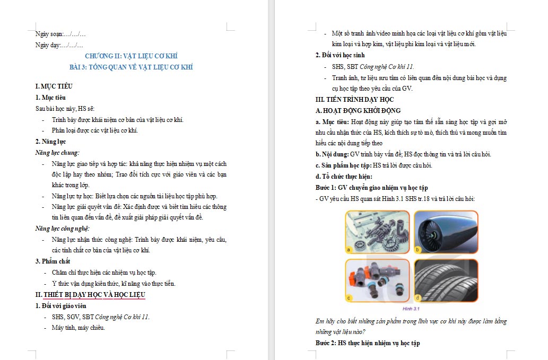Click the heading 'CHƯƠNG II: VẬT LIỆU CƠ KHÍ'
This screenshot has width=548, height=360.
(131, 56)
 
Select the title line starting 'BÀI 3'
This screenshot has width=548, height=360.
(131, 67)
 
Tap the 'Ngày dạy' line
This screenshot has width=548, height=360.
(58, 45)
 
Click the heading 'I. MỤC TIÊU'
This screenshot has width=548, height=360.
(54, 86)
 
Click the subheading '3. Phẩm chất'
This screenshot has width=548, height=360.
(53, 261)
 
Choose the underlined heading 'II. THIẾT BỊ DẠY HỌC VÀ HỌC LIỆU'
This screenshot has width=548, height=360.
(90, 295)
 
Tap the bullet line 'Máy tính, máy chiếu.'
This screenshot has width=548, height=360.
(78, 328)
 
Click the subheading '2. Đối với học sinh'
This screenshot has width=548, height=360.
(340, 55)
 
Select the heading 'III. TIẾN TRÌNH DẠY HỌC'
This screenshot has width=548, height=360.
(354, 100)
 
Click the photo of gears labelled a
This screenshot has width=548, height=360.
(377, 232)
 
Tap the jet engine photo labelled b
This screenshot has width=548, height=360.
(446, 232)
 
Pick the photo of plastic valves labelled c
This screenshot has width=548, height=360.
(377, 280)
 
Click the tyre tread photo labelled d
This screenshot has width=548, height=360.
(446, 280)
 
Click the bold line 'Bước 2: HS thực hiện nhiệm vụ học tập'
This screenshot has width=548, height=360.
(368, 343)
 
